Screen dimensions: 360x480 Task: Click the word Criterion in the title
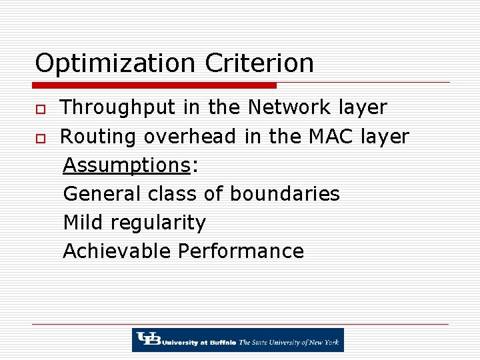point(259,63)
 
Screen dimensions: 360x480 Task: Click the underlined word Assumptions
point(127,165)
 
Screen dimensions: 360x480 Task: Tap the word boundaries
point(285,194)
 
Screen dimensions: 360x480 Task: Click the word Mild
point(82,223)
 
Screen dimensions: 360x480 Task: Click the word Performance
point(241,251)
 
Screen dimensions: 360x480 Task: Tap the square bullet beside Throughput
point(40,109)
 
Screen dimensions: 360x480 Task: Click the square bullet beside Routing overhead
point(40,137)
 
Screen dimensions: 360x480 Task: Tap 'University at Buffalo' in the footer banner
point(198,343)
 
